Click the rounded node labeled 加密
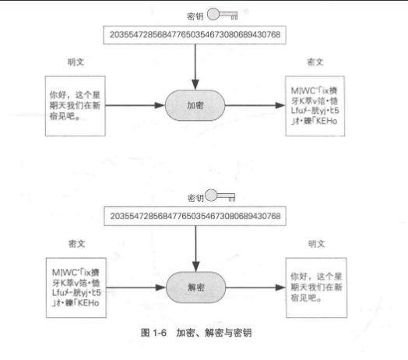pyautogui.click(x=195, y=104)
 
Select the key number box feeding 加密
pyautogui.click(x=195, y=34)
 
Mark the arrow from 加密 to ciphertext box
pyautogui.click(x=254, y=104)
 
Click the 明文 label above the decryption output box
pyautogui.click(x=315, y=243)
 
